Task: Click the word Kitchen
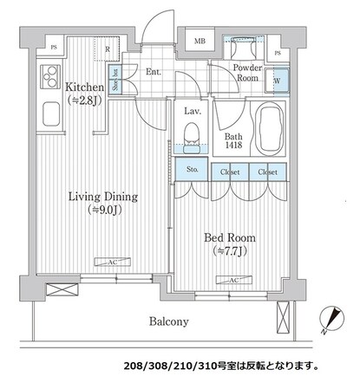(x=84, y=88)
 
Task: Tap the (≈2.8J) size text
(x=84, y=100)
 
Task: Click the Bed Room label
(x=228, y=237)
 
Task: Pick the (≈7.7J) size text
(x=228, y=250)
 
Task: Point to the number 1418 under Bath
(x=232, y=146)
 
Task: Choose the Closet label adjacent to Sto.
(x=230, y=172)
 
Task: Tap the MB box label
(x=200, y=42)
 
